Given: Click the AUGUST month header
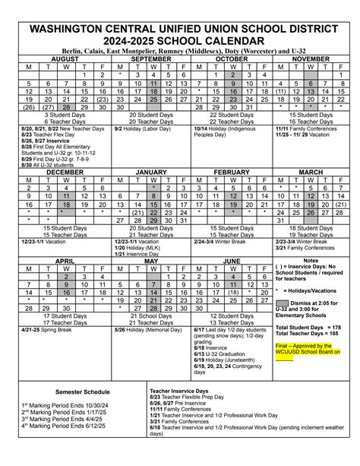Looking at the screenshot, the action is click(x=65, y=58).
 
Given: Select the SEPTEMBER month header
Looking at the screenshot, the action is click(x=153, y=58).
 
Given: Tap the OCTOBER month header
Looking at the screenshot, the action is click(x=232, y=58).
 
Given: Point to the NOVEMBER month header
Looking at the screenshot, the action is click(x=311, y=58).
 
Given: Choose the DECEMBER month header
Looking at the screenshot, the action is click(x=65, y=173).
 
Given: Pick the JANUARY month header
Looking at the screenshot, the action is click(x=153, y=173).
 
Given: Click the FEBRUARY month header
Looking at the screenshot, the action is click(x=232, y=173).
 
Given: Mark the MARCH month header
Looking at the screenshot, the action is click(x=311, y=173).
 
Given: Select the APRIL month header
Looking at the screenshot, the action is click(x=65, y=260).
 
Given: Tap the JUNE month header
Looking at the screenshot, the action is click(x=232, y=260).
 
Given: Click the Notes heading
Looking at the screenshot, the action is click(x=311, y=260).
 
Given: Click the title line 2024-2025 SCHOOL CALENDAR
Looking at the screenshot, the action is click(x=180, y=36).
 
